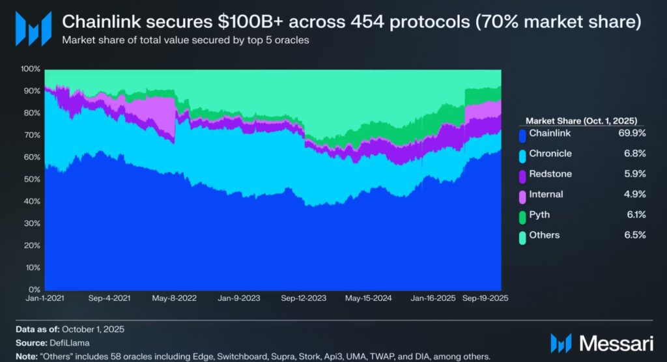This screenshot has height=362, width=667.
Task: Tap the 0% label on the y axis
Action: [x=33, y=289]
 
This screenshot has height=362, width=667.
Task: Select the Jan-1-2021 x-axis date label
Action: [x=44, y=298]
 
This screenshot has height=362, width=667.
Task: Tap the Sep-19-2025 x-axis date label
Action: [x=485, y=298]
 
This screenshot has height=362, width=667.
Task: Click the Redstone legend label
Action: [x=550, y=174]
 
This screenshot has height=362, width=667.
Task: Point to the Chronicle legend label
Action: [x=551, y=154]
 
